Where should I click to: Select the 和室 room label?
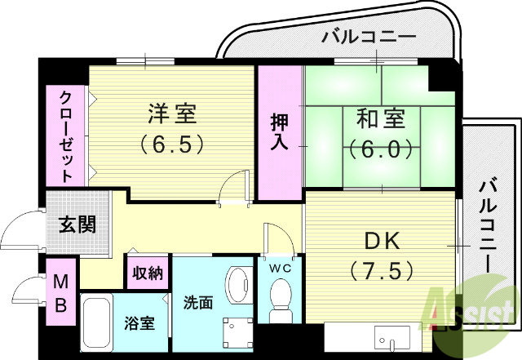pyautogui.click(x=379, y=119)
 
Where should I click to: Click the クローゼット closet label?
pyautogui.click(x=66, y=135)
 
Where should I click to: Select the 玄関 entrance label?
pyautogui.click(x=78, y=224)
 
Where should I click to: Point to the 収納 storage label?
pyautogui.click(x=148, y=273)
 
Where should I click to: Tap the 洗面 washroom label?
pyautogui.click(x=198, y=303)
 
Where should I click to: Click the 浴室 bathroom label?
pyautogui.click(x=139, y=323)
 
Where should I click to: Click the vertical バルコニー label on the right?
pyautogui.click(x=488, y=220)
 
